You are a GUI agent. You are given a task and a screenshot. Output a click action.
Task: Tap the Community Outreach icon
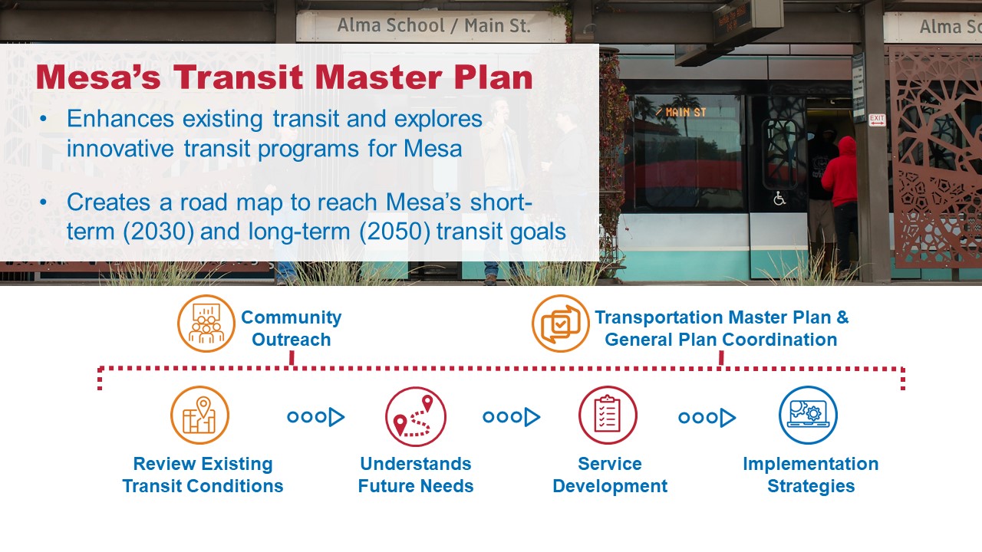[206, 324]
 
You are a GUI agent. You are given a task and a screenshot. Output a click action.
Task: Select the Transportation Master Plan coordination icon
[560, 324]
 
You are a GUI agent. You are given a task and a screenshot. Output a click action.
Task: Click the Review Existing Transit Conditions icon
[199, 415]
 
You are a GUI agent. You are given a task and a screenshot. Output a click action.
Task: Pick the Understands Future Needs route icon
[415, 416]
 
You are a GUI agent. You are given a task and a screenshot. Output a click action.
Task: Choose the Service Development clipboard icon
[608, 415]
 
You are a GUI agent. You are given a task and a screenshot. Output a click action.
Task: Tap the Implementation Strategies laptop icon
[808, 415]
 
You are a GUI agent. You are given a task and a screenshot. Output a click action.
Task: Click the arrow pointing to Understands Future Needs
[315, 417]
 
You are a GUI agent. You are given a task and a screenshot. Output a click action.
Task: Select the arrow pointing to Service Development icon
[511, 417]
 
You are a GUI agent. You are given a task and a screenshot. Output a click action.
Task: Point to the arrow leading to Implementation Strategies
[707, 417]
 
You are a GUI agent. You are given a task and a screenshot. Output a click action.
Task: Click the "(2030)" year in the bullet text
[157, 231]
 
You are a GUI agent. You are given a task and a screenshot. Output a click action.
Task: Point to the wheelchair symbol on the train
[779, 199]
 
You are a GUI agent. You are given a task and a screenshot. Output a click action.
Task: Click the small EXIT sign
[877, 120]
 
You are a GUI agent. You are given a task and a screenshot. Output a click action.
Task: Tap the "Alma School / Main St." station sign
[433, 26]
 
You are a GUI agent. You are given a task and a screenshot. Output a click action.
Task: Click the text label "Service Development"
[610, 475]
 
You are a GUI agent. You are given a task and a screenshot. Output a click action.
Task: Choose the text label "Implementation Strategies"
[810, 475]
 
